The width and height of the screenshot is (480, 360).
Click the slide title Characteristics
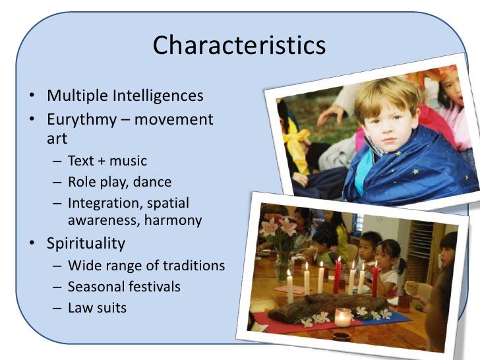pos(239,46)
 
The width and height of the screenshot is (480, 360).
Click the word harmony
pos(173,220)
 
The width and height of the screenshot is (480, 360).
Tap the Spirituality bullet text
pos(86,243)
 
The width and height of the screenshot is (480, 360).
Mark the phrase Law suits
pos(97,308)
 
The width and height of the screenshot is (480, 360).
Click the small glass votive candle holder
pos(343,318)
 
